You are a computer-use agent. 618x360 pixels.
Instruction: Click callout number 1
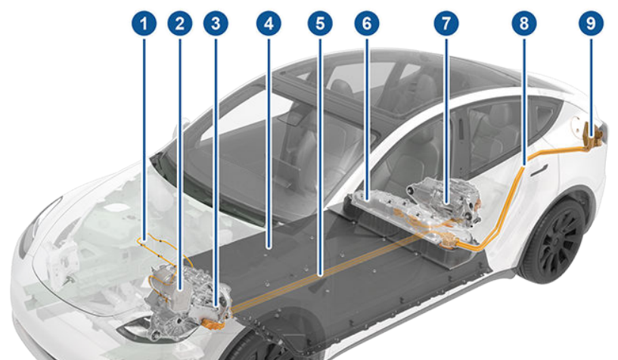coord(143,23)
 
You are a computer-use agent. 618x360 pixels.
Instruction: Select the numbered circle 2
coord(179,23)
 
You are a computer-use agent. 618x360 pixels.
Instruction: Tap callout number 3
coord(216,23)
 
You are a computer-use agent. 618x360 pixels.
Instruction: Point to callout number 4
coord(267,23)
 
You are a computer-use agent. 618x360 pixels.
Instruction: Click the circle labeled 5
coord(320,23)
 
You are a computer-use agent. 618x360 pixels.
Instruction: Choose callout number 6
coord(367,23)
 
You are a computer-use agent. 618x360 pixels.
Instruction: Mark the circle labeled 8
coord(522,23)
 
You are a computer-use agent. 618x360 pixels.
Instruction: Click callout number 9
coord(591,23)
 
